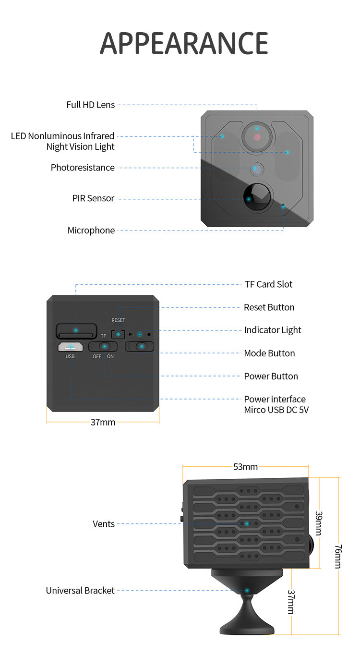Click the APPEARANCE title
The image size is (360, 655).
[x=184, y=43]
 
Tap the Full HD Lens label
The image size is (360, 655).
[x=90, y=105]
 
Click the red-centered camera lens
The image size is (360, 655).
[x=257, y=136]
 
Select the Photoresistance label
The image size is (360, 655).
[x=83, y=168]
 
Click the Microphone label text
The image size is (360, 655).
[x=91, y=230]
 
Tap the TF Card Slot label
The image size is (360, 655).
[x=268, y=284]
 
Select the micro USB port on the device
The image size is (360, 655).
[x=70, y=347]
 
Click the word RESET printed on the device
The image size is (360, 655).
[x=118, y=320]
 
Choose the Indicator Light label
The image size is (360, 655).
[x=272, y=330]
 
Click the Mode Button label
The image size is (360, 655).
[x=269, y=353]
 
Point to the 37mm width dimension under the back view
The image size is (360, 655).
[x=103, y=423]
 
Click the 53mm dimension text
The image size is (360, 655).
[x=245, y=467]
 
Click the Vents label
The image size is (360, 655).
[x=103, y=524]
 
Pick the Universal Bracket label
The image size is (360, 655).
[x=80, y=591]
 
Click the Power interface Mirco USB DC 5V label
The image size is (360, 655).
[x=275, y=405]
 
